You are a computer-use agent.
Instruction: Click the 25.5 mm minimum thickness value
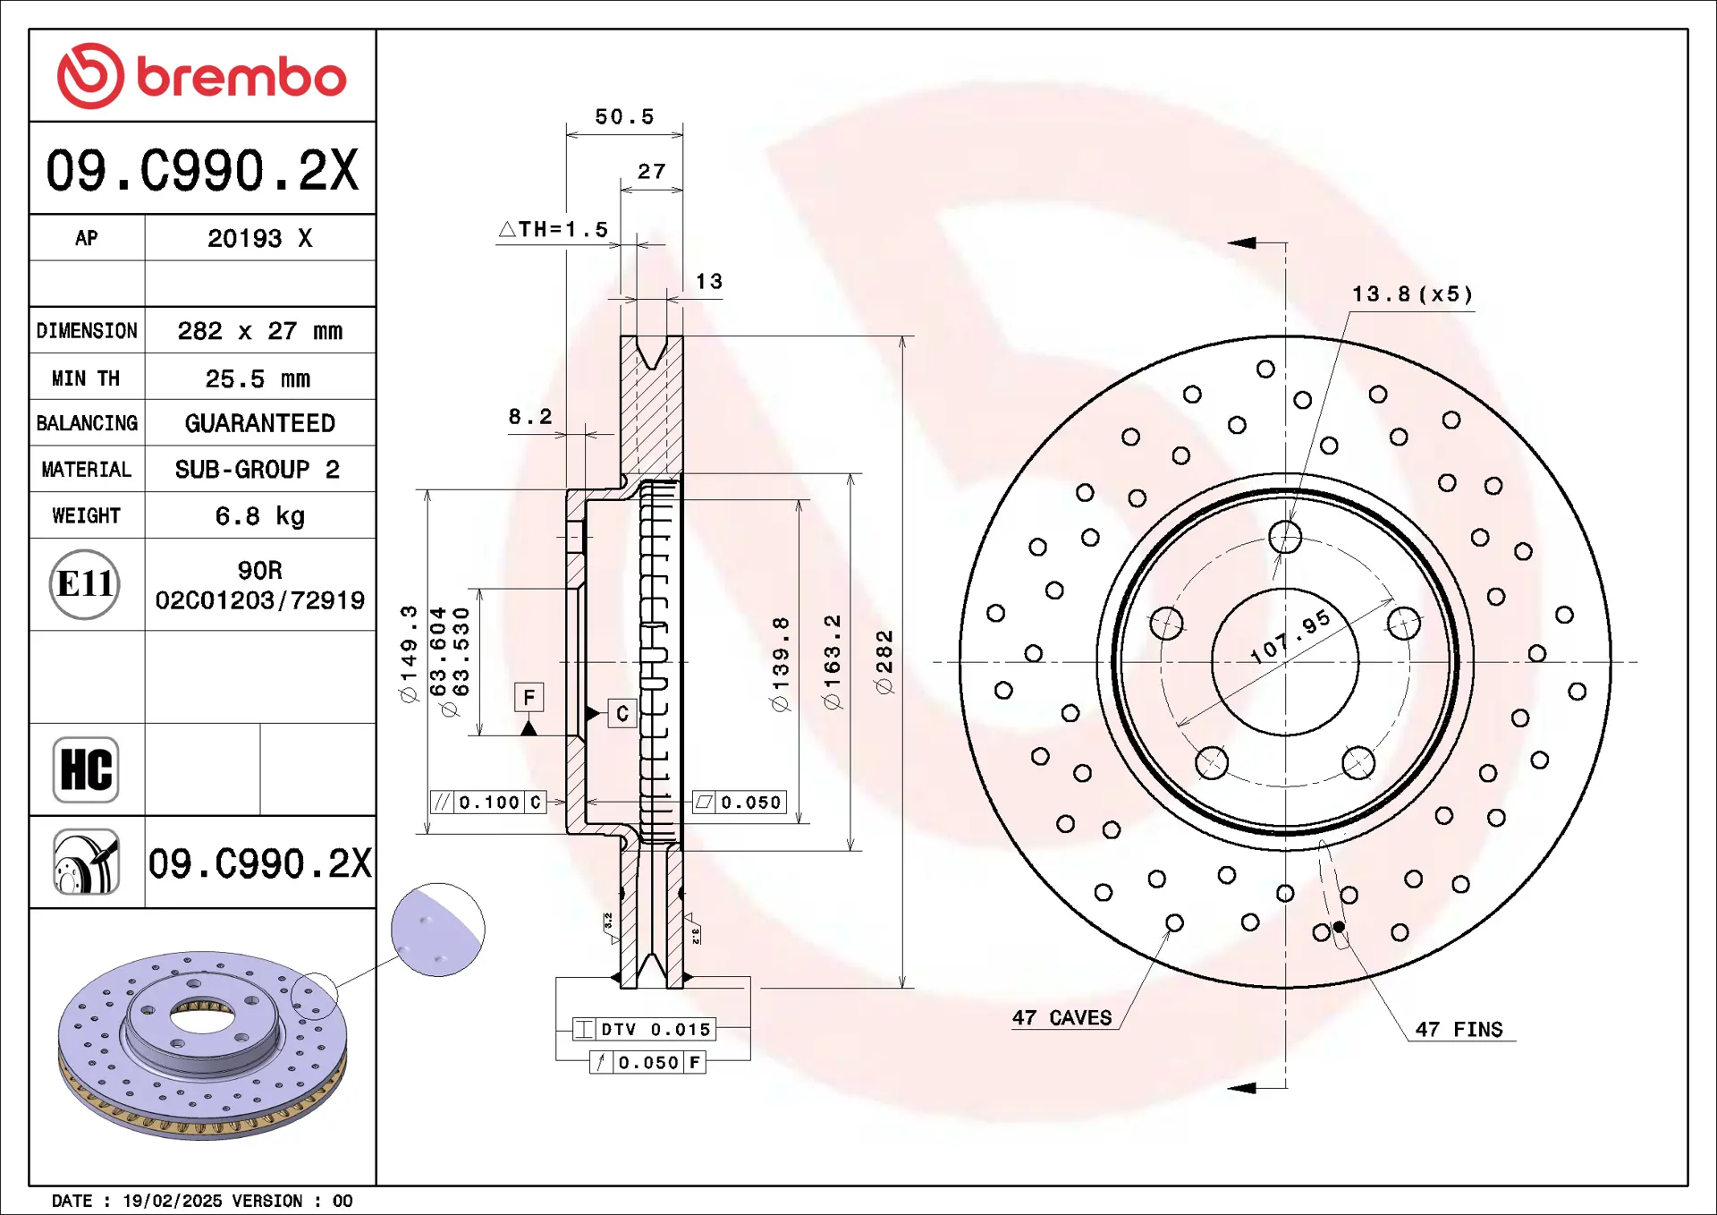click(x=258, y=378)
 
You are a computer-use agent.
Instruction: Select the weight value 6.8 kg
click(x=259, y=516)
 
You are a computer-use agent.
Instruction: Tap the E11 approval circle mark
click(x=85, y=584)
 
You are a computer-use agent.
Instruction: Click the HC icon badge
click(x=86, y=769)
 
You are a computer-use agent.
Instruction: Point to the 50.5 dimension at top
click(x=624, y=117)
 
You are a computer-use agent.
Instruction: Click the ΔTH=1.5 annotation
click(x=554, y=230)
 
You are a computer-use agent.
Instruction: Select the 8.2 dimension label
click(x=530, y=417)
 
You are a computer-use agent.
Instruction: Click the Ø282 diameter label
click(x=884, y=661)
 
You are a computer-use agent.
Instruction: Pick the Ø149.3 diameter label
click(x=409, y=653)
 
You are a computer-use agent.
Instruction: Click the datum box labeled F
click(x=529, y=697)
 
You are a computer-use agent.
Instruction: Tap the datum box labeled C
click(x=622, y=713)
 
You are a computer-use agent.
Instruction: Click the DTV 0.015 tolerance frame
click(x=645, y=1029)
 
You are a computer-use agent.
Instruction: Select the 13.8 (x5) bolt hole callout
click(x=1411, y=294)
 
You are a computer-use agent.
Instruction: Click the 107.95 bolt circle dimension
click(x=1290, y=637)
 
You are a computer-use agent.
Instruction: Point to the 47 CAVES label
click(x=1061, y=1018)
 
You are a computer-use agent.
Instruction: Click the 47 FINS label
click(x=1459, y=1030)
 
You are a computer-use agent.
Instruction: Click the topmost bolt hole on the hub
click(x=1285, y=537)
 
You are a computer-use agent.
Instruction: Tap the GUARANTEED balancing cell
click(x=259, y=423)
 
